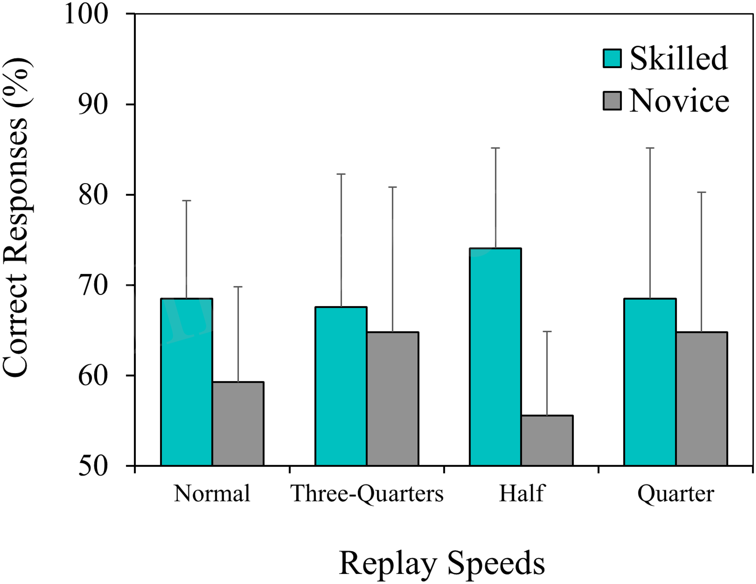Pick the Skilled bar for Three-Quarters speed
pyautogui.click(x=341, y=386)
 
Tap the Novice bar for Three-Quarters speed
pyautogui.click(x=393, y=398)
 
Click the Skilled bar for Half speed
pyautogui.click(x=495, y=357)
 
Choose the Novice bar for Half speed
pyautogui.click(x=547, y=440)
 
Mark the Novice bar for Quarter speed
pyautogui.click(x=701, y=398)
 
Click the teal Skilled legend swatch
pyautogui.click(x=612, y=58)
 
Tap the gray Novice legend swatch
pyautogui.click(x=612, y=100)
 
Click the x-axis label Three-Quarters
pyautogui.click(x=367, y=493)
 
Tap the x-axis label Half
pyautogui.click(x=522, y=493)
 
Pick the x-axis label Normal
pyautogui.click(x=212, y=493)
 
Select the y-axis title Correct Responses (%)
pyautogui.click(x=16, y=218)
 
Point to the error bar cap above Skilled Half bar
pyautogui.click(x=495, y=148)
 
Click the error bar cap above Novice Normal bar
pyautogui.click(x=238, y=287)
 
